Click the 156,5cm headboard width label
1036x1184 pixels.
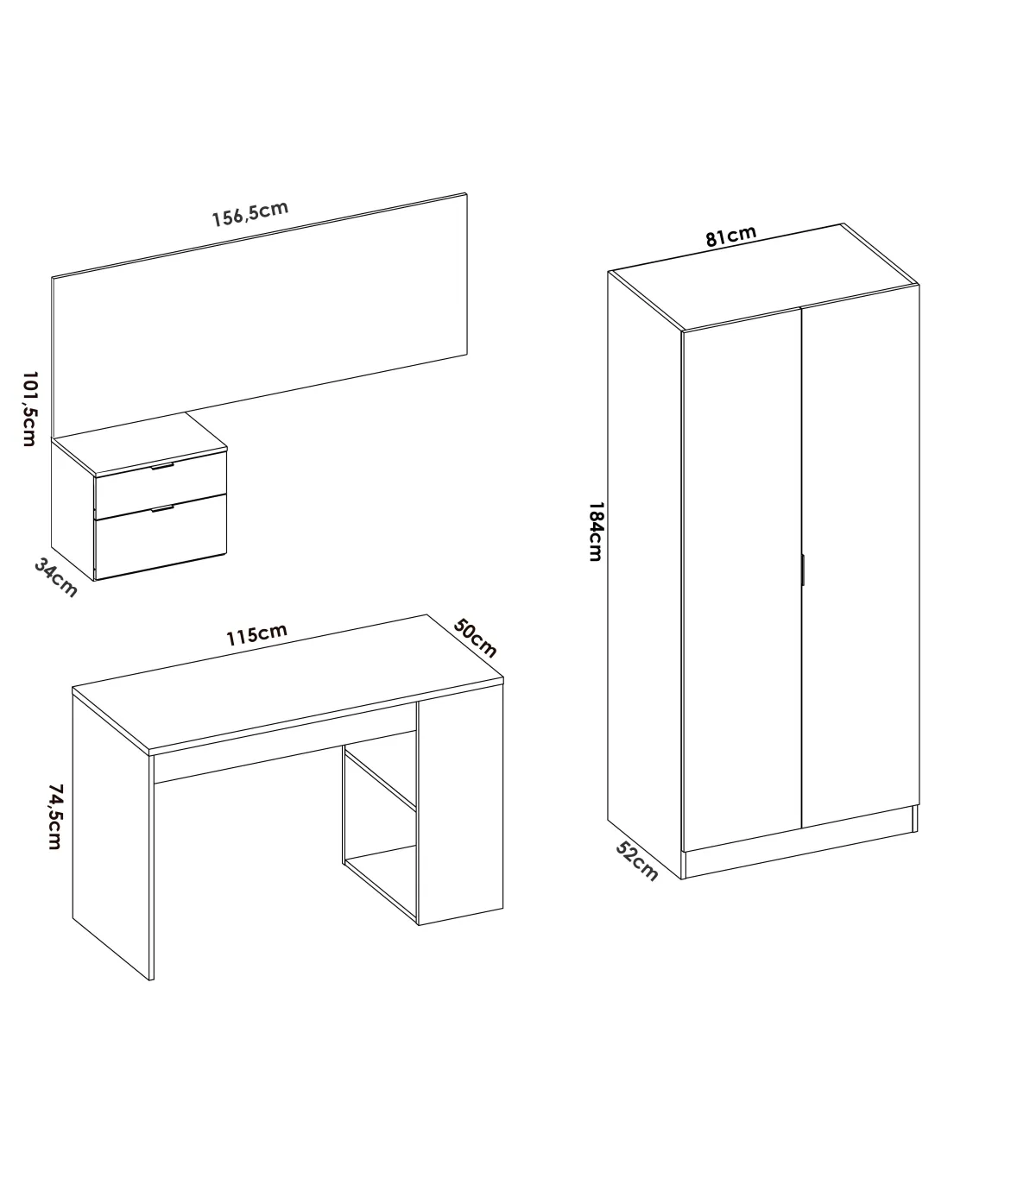point(250,214)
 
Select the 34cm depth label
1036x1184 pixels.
point(55,577)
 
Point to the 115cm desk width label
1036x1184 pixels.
point(256,635)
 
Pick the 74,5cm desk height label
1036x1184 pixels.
point(55,816)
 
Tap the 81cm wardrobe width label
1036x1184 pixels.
point(730,236)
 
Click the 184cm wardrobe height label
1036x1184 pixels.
point(596,532)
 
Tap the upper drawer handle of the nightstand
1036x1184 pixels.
point(162,466)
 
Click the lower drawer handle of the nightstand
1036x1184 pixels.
point(162,509)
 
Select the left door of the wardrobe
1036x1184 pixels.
point(742,579)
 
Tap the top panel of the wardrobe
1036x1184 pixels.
point(763,277)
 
